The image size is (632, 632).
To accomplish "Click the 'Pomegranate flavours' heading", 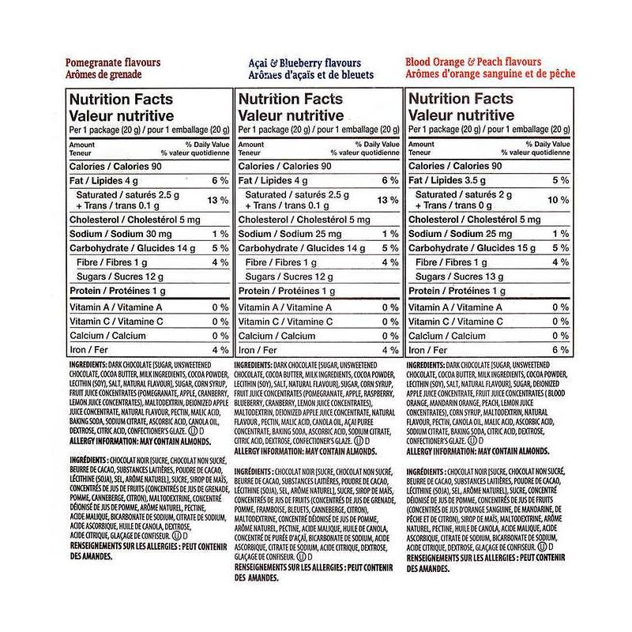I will (x=113, y=62).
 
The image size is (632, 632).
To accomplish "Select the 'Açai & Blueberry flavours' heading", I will (x=299, y=63).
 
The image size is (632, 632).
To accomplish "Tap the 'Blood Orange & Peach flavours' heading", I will (x=472, y=62).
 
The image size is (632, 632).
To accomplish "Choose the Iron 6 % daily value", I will (x=560, y=349).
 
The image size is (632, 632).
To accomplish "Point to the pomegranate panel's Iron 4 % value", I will (x=219, y=349).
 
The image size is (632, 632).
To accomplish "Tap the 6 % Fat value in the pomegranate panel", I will (x=219, y=180).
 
